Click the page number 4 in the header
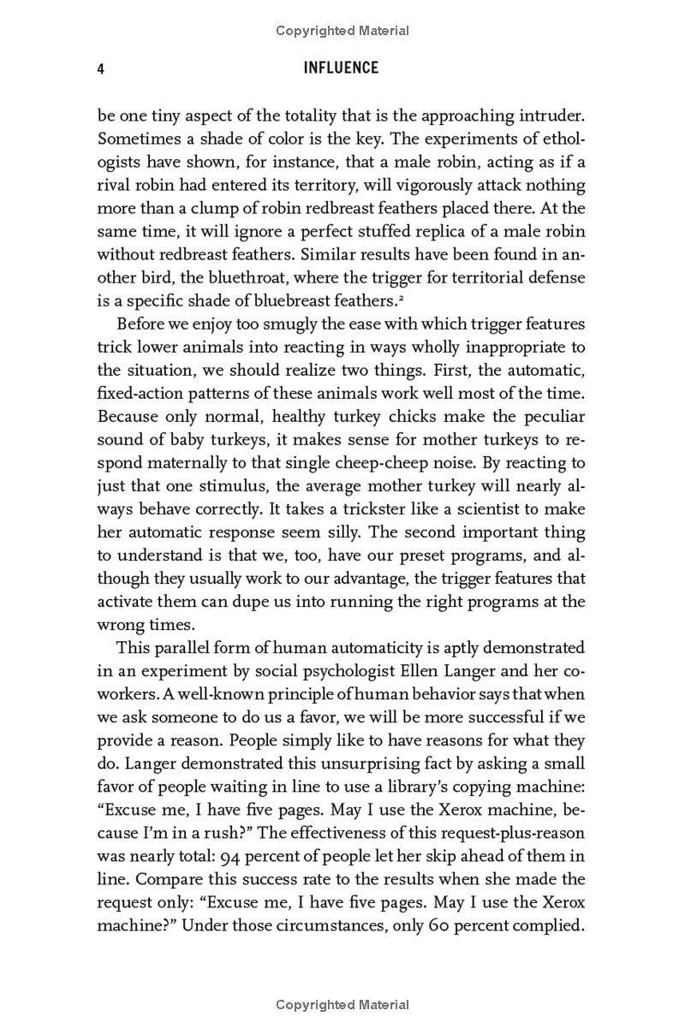click(x=101, y=69)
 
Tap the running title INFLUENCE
click(x=341, y=68)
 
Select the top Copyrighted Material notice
click(x=342, y=32)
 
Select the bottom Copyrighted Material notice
click(x=342, y=1005)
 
